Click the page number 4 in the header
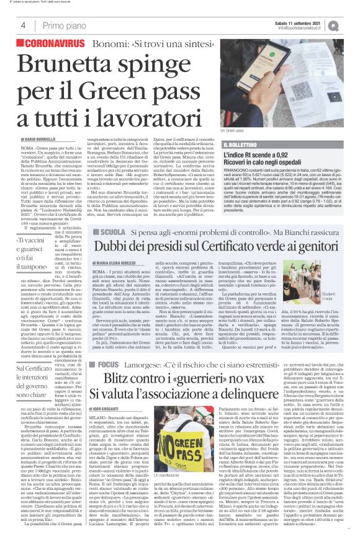point(23,25)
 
